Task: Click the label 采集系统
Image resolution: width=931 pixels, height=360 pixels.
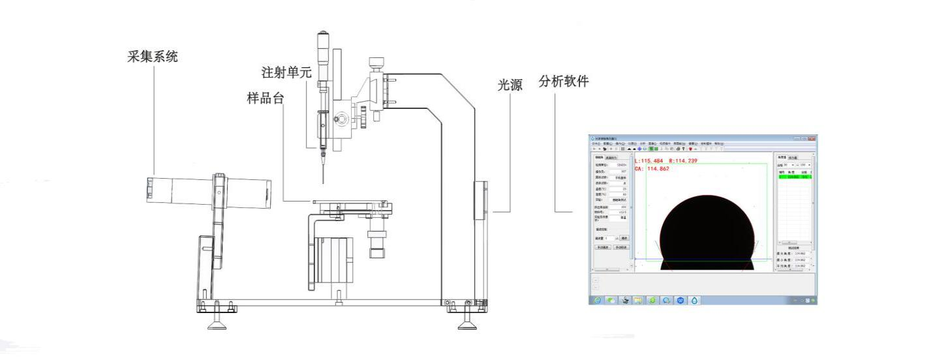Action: pyautogui.click(x=152, y=57)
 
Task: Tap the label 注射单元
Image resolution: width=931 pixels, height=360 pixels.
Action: pyautogui.click(x=286, y=71)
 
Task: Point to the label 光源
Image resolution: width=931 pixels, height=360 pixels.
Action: pyautogui.click(x=510, y=84)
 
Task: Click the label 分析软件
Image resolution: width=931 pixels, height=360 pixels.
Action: pyautogui.click(x=564, y=82)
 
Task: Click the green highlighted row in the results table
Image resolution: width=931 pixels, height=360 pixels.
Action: pyautogui.click(x=793, y=176)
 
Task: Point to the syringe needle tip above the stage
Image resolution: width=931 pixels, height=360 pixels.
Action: pyautogui.click(x=322, y=183)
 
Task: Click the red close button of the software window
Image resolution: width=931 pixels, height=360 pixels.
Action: pyautogui.click(x=812, y=138)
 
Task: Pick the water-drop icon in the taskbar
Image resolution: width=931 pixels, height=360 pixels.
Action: pyautogui.click(x=694, y=301)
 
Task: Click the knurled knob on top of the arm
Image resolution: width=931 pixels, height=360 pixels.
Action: pyautogui.click(x=376, y=63)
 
